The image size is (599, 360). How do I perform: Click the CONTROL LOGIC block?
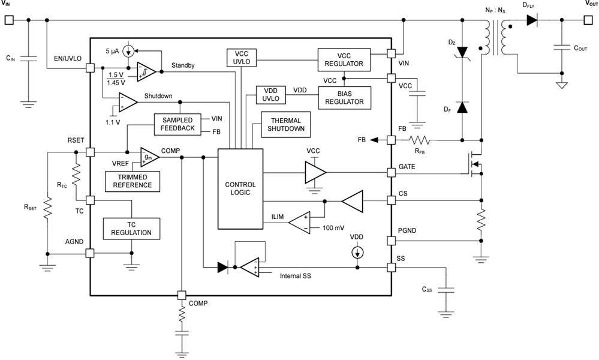[240, 188]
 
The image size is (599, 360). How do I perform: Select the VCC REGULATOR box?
[344, 59]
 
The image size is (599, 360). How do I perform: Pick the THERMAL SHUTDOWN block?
[286, 124]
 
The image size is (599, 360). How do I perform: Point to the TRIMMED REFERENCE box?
[135, 181]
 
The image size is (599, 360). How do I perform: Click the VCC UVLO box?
[240, 58]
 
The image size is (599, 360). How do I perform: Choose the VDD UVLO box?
[270, 96]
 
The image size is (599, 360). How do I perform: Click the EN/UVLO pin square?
[90, 68]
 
